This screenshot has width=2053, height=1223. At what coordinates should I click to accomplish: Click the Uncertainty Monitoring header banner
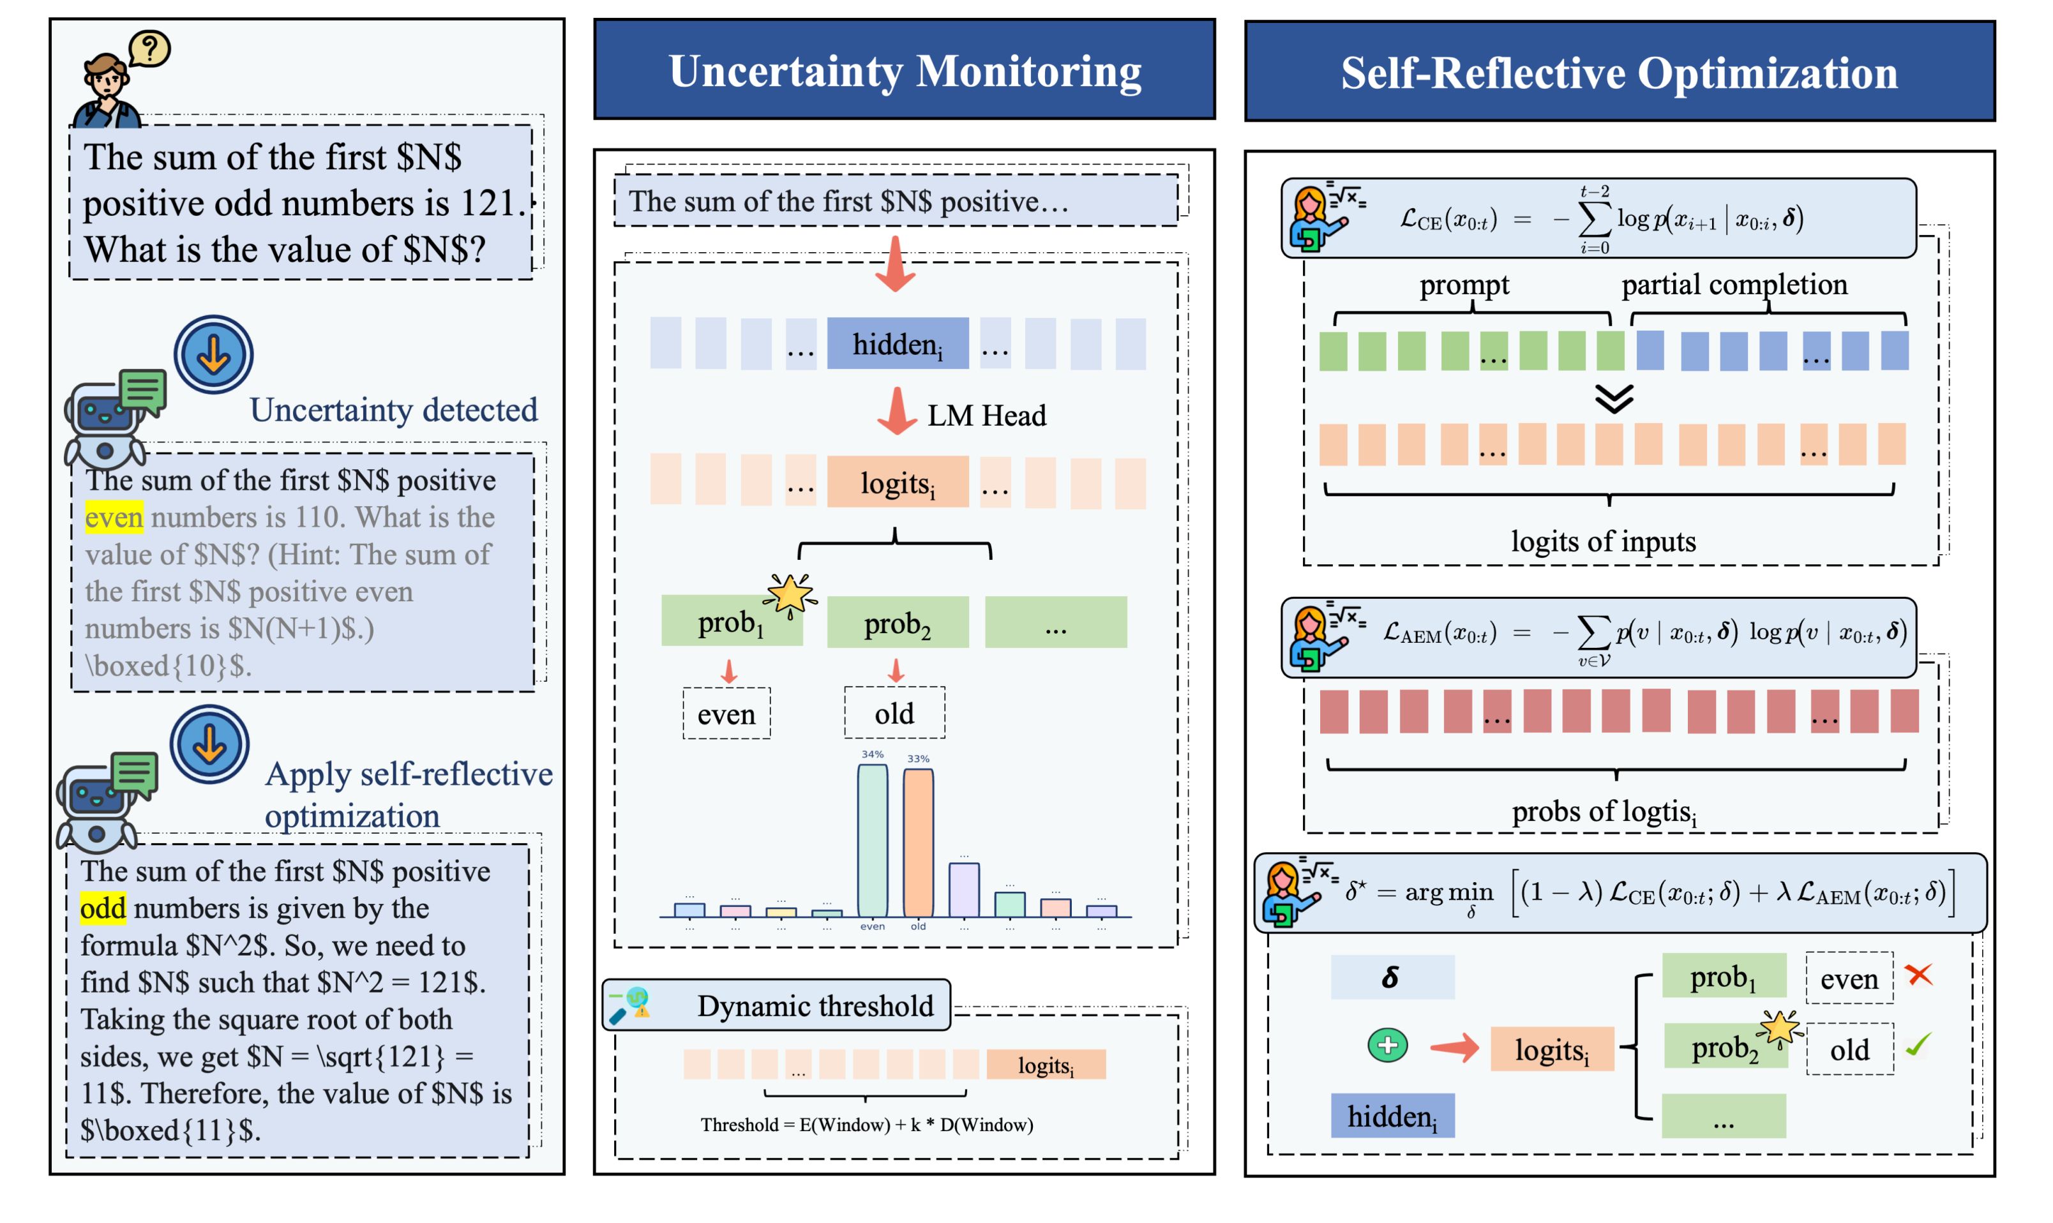(904, 70)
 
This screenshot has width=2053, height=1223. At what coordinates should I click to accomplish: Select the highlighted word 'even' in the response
(114, 518)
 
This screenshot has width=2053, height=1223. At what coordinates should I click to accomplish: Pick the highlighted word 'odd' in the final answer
(103, 908)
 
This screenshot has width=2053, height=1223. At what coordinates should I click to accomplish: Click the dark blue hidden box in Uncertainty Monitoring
(898, 343)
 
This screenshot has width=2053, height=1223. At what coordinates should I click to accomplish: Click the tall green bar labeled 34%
(872, 841)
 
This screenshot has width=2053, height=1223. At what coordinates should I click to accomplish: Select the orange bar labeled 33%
(918, 843)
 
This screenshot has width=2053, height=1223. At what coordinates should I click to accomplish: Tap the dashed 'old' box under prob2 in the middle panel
(894, 714)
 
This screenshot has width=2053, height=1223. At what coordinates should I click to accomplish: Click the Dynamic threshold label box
(776, 1005)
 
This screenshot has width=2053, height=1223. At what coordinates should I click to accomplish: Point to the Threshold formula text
(866, 1125)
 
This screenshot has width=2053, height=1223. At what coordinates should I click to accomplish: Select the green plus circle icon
(1388, 1046)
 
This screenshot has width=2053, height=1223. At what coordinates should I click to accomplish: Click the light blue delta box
(1392, 977)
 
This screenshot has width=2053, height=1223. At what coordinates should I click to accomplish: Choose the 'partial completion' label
(1734, 284)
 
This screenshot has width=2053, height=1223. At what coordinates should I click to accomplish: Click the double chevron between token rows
(1613, 399)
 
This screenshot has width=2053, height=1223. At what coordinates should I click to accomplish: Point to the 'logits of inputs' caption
(1603, 541)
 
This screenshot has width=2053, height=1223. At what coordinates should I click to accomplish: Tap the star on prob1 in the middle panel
(790, 594)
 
